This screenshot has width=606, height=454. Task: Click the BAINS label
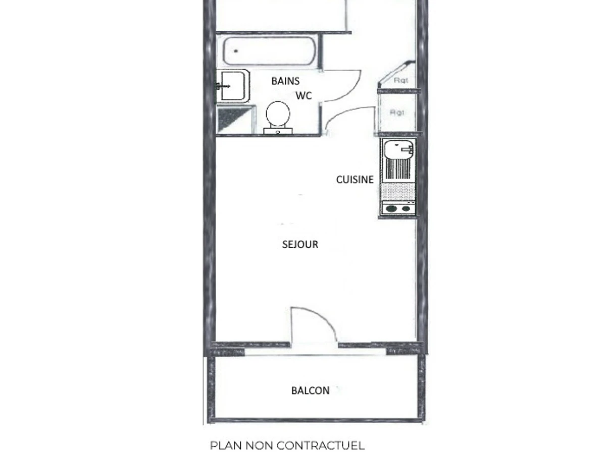pyautogui.click(x=285, y=81)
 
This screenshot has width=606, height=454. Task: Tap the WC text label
pyautogui.click(x=304, y=96)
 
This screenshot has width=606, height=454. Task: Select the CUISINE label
pyautogui.click(x=355, y=180)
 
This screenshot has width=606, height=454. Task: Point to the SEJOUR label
pyautogui.click(x=300, y=244)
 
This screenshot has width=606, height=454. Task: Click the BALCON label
pyautogui.click(x=310, y=390)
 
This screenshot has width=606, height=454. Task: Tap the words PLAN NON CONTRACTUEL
pyautogui.click(x=287, y=445)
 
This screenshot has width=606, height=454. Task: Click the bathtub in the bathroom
pyautogui.click(x=269, y=51)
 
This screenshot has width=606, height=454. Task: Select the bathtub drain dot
pyautogui.click(x=236, y=51)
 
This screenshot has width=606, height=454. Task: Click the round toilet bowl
pyautogui.click(x=278, y=113)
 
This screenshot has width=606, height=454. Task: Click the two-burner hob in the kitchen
pyautogui.click(x=398, y=208)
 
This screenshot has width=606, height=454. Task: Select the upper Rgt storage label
pyautogui.click(x=401, y=81)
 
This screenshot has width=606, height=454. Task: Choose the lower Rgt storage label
pyautogui.click(x=397, y=112)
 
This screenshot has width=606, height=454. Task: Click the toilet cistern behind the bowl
pyautogui.click(x=278, y=131)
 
